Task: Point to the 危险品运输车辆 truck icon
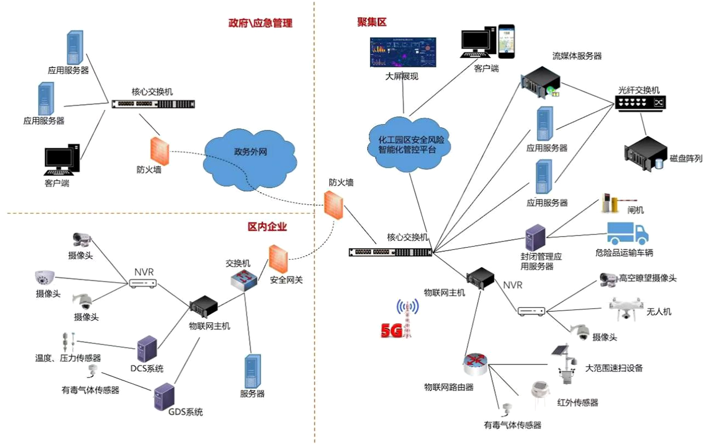(x=627, y=233)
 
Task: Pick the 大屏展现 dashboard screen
(x=403, y=53)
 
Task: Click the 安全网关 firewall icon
(x=278, y=260)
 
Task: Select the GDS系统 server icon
(x=164, y=396)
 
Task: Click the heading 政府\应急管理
(x=260, y=23)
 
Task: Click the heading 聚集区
(x=372, y=22)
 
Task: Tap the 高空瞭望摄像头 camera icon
(x=608, y=279)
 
